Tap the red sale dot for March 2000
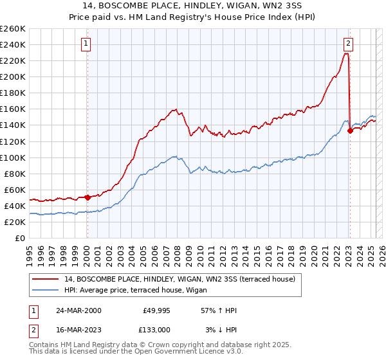point(87,197)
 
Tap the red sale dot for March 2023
point(351,130)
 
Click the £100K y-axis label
point(12,157)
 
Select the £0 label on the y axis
point(20,238)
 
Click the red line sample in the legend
point(46,279)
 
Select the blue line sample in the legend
point(46,290)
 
